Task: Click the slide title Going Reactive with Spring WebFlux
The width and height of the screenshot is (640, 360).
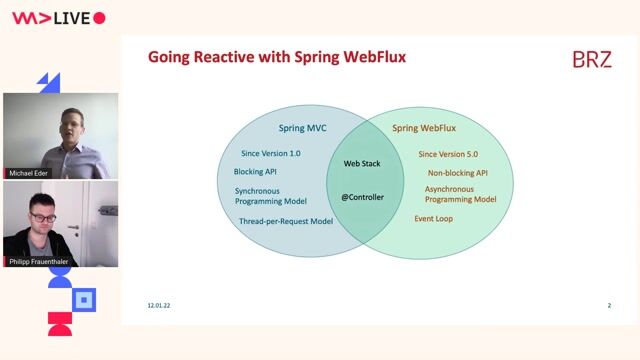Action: click(x=277, y=57)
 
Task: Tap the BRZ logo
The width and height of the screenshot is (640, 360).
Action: click(x=592, y=59)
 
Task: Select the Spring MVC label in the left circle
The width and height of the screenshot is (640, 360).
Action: click(x=302, y=128)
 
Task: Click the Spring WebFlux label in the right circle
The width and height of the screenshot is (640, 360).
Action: click(x=428, y=128)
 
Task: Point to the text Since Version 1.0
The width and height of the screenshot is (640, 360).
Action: click(x=270, y=154)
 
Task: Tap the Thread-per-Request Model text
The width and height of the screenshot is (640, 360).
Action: click(x=285, y=221)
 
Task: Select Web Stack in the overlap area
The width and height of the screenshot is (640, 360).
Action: click(x=364, y=162)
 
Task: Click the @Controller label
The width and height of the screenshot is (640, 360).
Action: click(x=362, y=197)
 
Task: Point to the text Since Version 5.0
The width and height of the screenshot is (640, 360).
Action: click(x=449, y=154)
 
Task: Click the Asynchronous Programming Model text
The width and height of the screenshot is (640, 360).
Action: click(x=460, y=194)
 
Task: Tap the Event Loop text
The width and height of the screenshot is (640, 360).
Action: click(x=434, y=218)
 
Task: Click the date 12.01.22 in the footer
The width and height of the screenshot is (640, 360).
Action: click(x=159, y=305)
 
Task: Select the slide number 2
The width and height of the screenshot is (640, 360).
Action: click(x=609, y=305)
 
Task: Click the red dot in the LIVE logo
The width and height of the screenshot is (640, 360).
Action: click(x=98, y=18)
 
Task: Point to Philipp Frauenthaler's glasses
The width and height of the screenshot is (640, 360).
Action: click(x=43, y=216)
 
